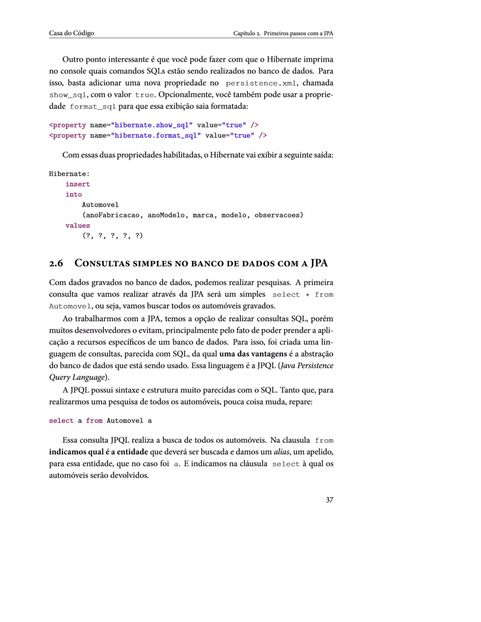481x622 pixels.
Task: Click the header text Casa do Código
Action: click(71, 33)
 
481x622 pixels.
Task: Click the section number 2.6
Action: click(56, 263)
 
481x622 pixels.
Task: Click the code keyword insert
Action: click(78, 184)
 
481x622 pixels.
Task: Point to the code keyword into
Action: click(74, 195)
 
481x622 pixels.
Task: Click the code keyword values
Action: click(78, 226)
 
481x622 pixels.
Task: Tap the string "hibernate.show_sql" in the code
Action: click(151, 125)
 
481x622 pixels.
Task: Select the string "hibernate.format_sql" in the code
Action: click(156, 136)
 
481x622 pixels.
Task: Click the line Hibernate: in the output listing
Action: click(69, 174)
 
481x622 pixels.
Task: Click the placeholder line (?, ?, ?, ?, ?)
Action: click(112, 236)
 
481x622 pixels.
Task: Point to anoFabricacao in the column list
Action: click(112, 215)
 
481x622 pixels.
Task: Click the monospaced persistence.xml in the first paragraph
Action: click(261, 84)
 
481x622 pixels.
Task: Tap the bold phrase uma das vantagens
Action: click(253, 354)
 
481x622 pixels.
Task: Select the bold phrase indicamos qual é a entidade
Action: click(98, 452)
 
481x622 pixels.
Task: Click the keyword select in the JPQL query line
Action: click(61, 421)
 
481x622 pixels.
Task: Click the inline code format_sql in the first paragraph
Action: click(93, 107)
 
